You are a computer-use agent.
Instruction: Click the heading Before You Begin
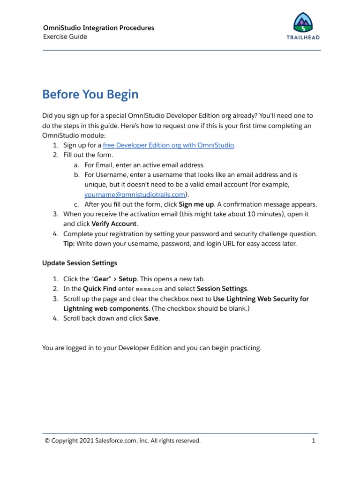pyautogui.click(x=90, y=95)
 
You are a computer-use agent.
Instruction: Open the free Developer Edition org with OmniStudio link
pyautogui.click(x=168, y=145)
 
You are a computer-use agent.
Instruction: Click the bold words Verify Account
pyautogui.click(x=114, y=224)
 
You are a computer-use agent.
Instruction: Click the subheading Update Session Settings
pyautogui.click(x=80, y=262)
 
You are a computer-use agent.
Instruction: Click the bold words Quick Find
pyautogui.click(x=99, y=289)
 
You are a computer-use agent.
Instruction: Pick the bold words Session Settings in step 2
pyautogui.click(x=222, y=289)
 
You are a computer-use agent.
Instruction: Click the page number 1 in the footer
pyautogui.click(x=314, y=441)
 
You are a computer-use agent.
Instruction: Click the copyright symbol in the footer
pyautogui.click(x=47, y=441)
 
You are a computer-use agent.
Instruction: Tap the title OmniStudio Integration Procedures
pyautogui.click(x=98, y=28)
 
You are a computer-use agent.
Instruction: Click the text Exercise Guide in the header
pyautogui.click(x=65, y=37)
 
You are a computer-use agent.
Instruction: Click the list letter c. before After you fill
pyautogui.click(x=76, y=204)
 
